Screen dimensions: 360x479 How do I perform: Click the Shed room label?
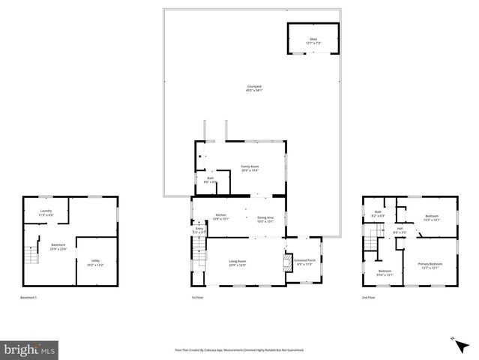(313, 41)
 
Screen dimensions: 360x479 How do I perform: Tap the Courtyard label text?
(254, 88)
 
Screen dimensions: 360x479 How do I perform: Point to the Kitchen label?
(220, 217)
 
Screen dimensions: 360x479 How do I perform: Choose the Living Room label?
(238, 262)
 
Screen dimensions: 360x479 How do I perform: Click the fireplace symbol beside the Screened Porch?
(286, 262)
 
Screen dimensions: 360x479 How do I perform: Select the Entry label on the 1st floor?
(199, 230)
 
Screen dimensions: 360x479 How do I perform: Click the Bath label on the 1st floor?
(210, 180)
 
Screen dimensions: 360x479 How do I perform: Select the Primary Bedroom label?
(430, 265)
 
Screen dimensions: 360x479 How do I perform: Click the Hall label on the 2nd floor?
(400, 230)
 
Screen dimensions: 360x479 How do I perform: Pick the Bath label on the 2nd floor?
(379, 214)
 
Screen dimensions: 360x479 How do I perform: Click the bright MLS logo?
(29, 349)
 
